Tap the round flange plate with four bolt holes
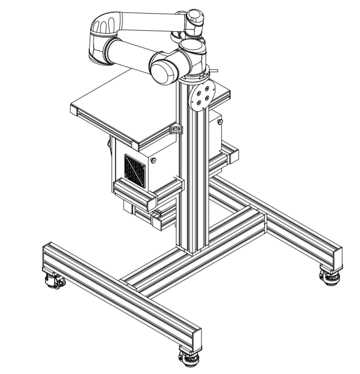pyautogui.click(x=202, y=95)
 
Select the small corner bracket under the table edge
pyautogui.click(x=176, y=130)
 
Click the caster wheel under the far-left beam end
pyautogui.click(x=53, y=281)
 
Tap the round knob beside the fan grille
pyautogui.click(x=154, y=161)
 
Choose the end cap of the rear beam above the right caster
pyautogui.click(x=336, y=258)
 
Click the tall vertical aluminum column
pyautogui.click(x=194, y=185)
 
